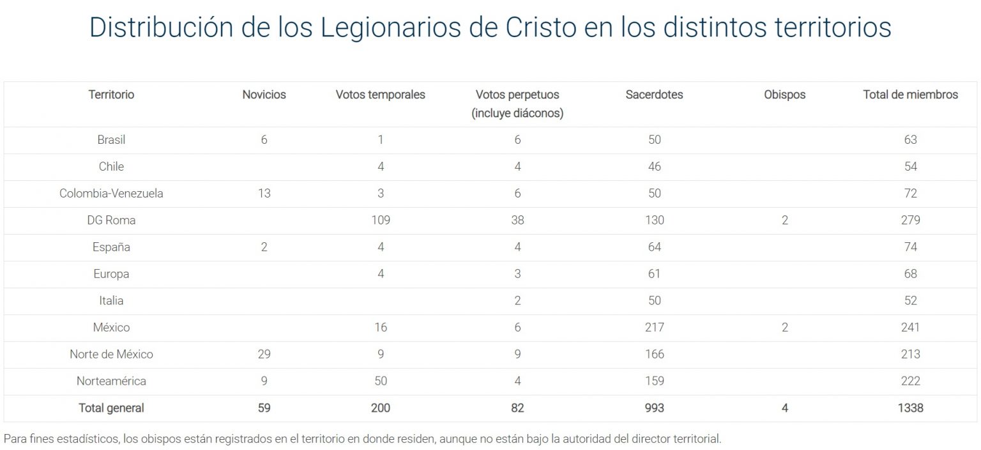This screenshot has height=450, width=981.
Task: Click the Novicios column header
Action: pyautogui.click(x=264, y=95)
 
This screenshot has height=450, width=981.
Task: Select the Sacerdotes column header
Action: pyautogui.click(x=654, y=95)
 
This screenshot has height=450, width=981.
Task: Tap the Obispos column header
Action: pyautogui.click(x=784, y=95)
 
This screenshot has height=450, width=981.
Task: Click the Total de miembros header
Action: pyautogui.click(x=910, y=95)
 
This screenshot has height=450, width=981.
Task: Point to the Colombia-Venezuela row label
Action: pyautogui.click(x=111, y=193)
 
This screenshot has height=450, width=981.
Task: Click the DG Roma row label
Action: pyautogui.click(x=111, y=220)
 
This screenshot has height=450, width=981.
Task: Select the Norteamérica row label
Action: pyautogui.click(x=111, y=381)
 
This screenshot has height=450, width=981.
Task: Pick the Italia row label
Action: pyautogui.click(x=111, y=300)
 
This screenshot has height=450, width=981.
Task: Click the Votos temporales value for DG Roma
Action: pyautogui.click(x=380, y=220)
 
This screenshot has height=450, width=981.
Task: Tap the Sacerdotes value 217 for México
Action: pyautogui.click(x=654, y=327)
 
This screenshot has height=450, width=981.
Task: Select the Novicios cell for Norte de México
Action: pyautogui.click(x=264, y=354)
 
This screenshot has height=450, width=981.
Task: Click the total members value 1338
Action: pyautogui.click(x=910, y=408)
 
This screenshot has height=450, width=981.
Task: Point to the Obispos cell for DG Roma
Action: pyautogui.click(x=784, y=220)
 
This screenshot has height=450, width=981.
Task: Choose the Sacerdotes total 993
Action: pyautogui.click(x=654, y=408)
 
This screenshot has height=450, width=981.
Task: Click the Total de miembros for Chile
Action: pyautogui.click(x=910, y=166)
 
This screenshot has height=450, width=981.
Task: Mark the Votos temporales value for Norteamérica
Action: pyautogui.click(x=380, y=381)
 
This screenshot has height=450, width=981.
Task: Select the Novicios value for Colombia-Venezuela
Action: pyautogui.click(x=264, y=193)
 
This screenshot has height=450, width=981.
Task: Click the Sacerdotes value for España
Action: pyautogui.click(x=654, y=247)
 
